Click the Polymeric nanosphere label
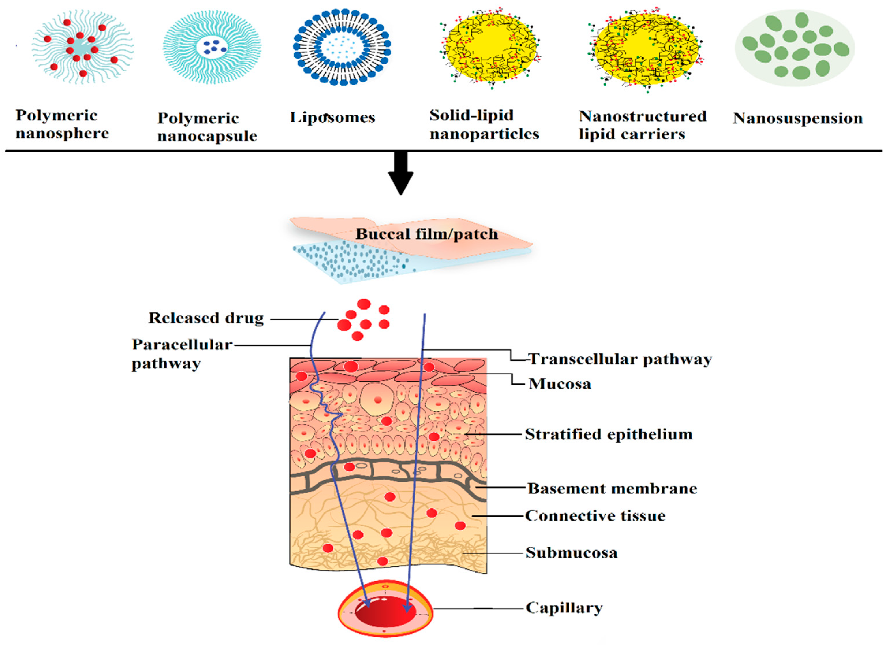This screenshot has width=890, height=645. pyautogui.click(x=62, y=124)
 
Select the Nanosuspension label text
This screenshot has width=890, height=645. pyautogui.click(x=797, y=118)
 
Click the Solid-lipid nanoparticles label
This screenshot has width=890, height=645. pyautogui.click(x=484, y=124)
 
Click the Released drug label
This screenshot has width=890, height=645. pyautogui.click(x=206, y=318)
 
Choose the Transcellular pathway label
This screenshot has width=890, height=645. pyautogui.click(x=620, y=359)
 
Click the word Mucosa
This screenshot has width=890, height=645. pyautogui.click(x=560, y=384)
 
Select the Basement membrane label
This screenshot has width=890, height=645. pyautogui.click(x=612, y=489)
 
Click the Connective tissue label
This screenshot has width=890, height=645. pyautogui.click(x=595, y=516)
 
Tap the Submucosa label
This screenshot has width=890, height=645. pyautogui.click(x=571, y=553)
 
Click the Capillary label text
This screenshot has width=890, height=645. pyautogui.click(x=564, y=608)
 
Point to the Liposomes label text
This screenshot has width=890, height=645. pyautogui.click(x=332, y=118)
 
